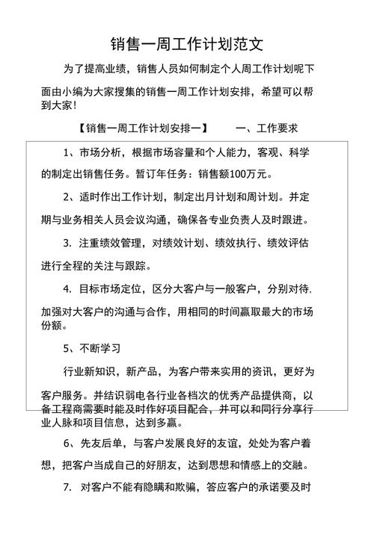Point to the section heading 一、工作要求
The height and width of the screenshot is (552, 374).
(266, 128)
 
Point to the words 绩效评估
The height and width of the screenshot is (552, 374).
(285, 243)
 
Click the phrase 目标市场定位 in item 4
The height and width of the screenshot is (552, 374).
(111, 288)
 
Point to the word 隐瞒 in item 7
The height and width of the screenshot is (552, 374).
(168, 488)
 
